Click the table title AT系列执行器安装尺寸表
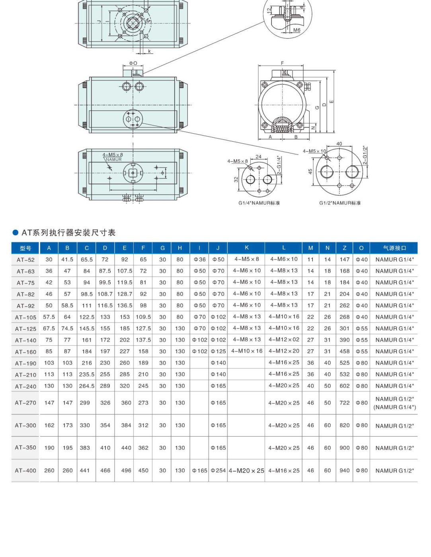[68, 233]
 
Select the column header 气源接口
[394, 248]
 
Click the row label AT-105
[25, 317]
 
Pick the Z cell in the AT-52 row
[344, 260]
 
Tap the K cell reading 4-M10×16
[247, 351]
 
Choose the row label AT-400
[25, 471]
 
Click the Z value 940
[344, 471]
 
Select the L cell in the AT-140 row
[284, 340]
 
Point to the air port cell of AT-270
[394, 403]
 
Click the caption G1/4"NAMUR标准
[259, 203]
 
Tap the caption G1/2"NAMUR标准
[340, 203]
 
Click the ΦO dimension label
[133, 63]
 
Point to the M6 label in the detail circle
[297, 30]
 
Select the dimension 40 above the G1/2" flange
[339, 144]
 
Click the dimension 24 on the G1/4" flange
[258, 156]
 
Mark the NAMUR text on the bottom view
[113, 160]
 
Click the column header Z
[344, 248]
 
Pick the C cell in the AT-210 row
[86, 375]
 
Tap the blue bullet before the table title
[16, 233]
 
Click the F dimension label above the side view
[282, 63]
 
